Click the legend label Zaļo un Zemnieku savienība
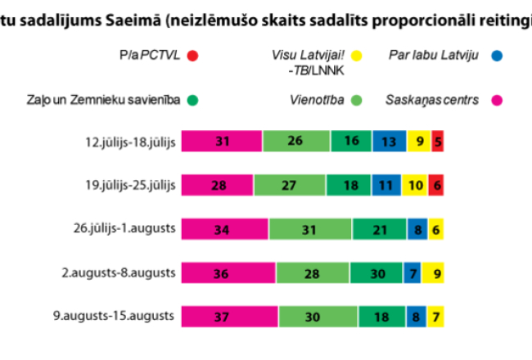(x=102, y=101)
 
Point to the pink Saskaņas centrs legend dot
(x=496, y=101)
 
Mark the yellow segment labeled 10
(x=416, y=185)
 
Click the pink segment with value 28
(x=217, y=185)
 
